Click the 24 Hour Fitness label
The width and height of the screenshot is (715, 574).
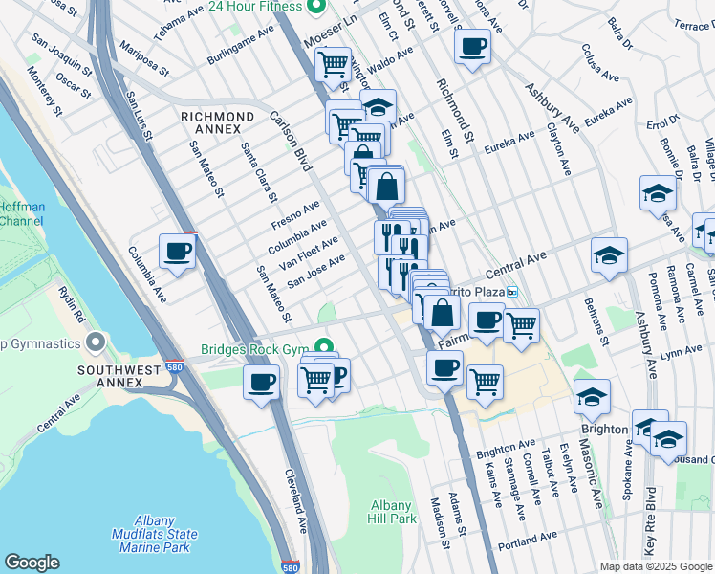pyautogui.click(x=253, y=7)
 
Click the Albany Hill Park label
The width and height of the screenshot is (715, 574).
pyautogui.click(x=393, y=511)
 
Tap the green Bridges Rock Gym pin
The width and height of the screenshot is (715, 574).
pyautogui.click(x=325, y=348)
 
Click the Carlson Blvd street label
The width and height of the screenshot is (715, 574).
pyautogui.click(x=291, y=142)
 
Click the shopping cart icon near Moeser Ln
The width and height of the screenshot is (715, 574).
pyautogui.click(x=333, y=65)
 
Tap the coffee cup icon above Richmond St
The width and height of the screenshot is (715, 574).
pyautogui.click(x=471, y=47)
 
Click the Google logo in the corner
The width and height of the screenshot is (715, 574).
pyautogui.click(x=32, y=563)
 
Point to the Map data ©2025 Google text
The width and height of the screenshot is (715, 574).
pyautogui.click(x=656, y=566)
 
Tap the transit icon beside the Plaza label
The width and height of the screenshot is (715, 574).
pyautogui.click(x=513, y=293)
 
